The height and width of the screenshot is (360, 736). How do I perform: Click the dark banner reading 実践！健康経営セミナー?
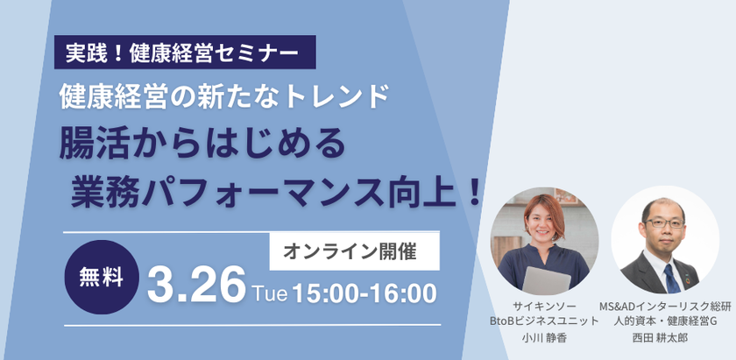click(x=185, y=52)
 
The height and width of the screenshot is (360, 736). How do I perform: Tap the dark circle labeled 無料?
click(x=102, y=277)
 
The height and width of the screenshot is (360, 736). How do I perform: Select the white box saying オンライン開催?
click(x=354, y=252)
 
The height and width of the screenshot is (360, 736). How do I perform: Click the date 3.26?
click(x=196, y=284)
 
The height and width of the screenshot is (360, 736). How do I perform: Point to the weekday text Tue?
click(x=270, y=293)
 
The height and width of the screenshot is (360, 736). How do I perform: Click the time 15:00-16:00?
click(x=364, y=293)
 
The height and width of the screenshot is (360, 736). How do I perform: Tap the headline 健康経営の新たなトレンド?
click(x=224, y=96)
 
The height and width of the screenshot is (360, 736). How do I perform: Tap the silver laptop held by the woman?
click(x=547, y=280)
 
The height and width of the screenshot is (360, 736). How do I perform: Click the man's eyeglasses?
click(x=664, y=223)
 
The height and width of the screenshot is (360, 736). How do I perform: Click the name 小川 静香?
click(x=544, y=338)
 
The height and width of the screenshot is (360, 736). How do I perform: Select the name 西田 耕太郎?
click(x=666, y=338)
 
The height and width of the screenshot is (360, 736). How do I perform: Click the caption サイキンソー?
click(x=544, y=307)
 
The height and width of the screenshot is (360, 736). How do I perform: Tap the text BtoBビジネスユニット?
click(x=544, y=322)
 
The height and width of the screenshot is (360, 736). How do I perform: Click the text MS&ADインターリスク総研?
click(x=666, y=307)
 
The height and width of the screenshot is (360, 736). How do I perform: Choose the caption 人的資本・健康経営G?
click(x=666, y=322)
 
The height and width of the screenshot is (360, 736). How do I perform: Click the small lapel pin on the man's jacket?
click(x=688, y=280)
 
